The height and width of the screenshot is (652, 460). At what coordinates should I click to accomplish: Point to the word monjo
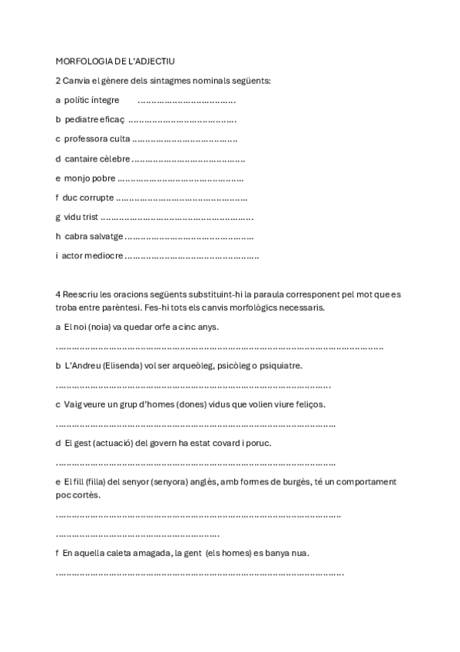pyautogui.click(x=77, y=178)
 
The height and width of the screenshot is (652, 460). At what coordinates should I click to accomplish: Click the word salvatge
pyautogui.click(x=105, y=237)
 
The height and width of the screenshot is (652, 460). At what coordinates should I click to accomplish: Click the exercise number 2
pyautogui.click(x=58, y=80)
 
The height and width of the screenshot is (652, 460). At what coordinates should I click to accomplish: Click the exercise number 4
pyautogui.click(x=58, y=294)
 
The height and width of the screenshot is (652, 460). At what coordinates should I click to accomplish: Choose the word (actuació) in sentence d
pyautogui.click(x=111, y=443)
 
